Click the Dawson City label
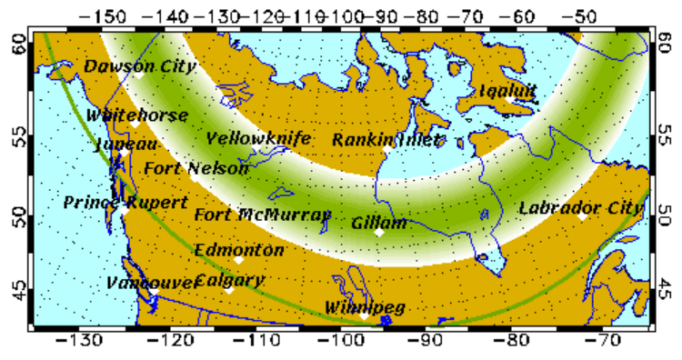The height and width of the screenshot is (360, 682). point(127,66)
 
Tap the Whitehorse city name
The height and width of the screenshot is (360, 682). point(137,115)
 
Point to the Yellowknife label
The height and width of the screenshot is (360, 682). point(258,139)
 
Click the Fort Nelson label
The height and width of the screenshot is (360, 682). point(196,169)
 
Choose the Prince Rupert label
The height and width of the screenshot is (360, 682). point(113,202)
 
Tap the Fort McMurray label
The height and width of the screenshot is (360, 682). point(263,215)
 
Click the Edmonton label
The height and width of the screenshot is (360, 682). point(239,249)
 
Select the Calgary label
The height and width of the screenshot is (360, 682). point(229,280)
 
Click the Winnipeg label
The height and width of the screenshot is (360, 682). point(365,308)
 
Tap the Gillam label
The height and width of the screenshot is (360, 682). point(379,222)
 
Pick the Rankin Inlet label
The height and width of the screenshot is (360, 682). point(386,139)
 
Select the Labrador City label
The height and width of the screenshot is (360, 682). point(580,207)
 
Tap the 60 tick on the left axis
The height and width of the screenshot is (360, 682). point(17,42)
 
